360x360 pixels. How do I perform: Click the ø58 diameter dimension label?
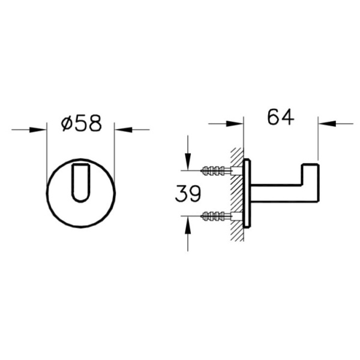82,123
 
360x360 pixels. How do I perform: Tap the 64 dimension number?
281,118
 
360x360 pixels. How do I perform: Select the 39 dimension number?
188,193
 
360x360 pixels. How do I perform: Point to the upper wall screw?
218,170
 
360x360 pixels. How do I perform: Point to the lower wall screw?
218,215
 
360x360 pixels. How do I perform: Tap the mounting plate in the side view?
247,193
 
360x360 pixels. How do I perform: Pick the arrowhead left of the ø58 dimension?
40,129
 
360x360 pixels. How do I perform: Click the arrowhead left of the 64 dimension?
236,124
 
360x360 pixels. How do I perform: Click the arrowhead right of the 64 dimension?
325,124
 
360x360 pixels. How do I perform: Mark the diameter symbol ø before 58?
67,124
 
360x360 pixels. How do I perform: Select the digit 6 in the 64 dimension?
274,118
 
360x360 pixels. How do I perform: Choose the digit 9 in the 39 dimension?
194,193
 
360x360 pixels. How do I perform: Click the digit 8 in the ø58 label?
94,123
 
